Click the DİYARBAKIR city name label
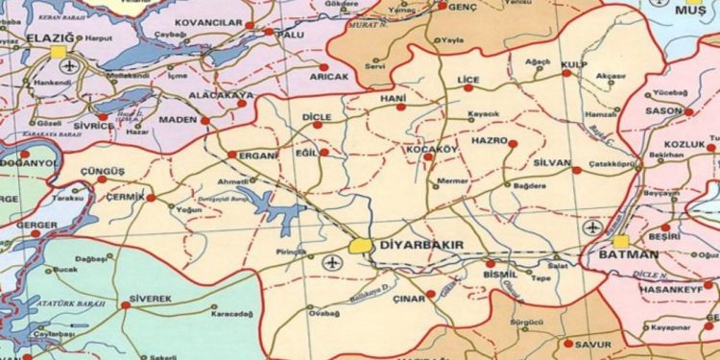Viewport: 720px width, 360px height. coord(423,246)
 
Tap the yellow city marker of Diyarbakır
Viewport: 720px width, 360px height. coord(361,246)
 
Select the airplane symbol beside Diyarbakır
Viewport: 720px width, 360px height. coord(333,262)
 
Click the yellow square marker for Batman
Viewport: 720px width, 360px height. coord(622,241)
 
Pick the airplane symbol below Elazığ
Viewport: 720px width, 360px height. coord(68,66)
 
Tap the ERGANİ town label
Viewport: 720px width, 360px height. coord(259,156)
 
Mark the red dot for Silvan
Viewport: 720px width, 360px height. coord(576,170)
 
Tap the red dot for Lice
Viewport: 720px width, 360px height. coord(468,87)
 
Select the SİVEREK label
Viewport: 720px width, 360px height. coord(152,299)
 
